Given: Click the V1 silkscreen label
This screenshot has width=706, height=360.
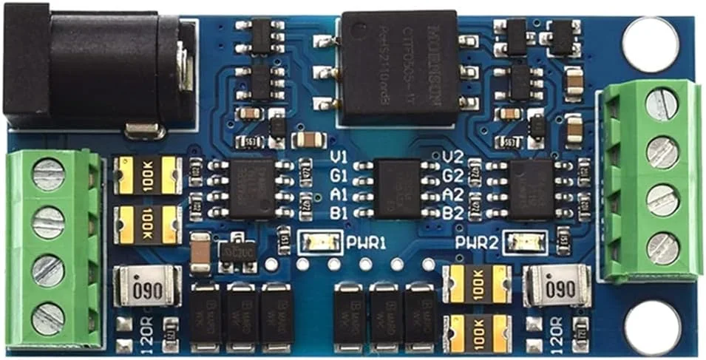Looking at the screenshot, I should click(x=339, y=157).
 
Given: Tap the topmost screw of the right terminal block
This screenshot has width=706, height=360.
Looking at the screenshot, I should click(x=662, y=104).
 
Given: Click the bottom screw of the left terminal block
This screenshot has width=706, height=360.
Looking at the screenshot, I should click(x=47, y=319).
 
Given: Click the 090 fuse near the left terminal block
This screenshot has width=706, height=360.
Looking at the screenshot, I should click(x=147, y=285).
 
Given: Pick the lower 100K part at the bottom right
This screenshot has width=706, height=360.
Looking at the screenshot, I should click(x=476, y=329).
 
